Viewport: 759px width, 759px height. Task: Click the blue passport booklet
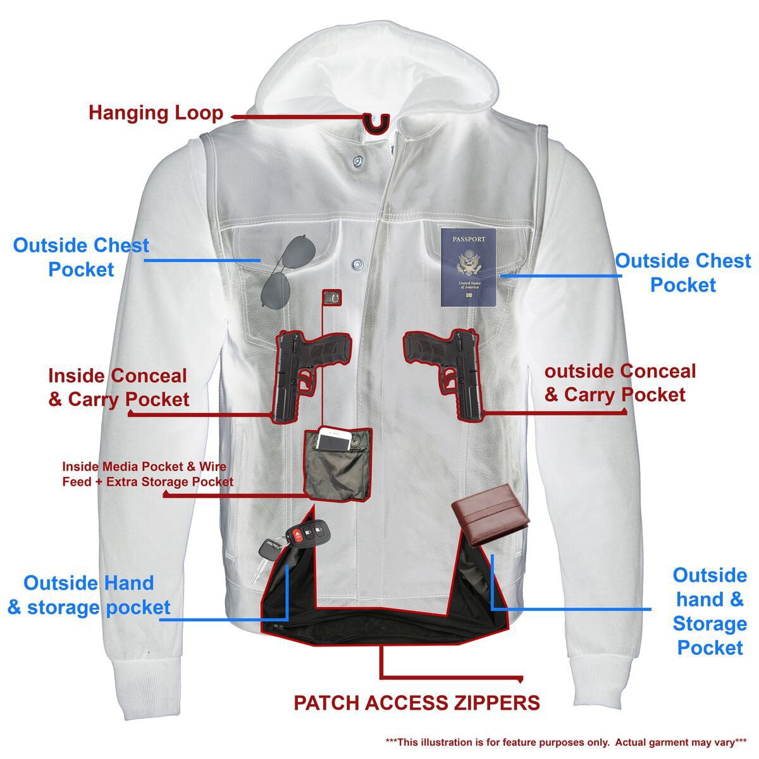pos(469,268)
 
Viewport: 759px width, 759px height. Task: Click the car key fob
pos(305,539)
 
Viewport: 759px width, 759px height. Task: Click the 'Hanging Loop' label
pos(156,113)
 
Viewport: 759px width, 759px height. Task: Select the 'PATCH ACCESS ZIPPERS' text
pos(417,702)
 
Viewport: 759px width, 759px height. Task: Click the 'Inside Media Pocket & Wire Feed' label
pos(147,474)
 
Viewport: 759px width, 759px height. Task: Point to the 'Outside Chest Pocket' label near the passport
pos(683,273)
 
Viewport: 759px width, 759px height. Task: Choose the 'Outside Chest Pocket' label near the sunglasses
pos(81,257)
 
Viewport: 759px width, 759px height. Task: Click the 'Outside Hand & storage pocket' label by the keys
pos(89,595)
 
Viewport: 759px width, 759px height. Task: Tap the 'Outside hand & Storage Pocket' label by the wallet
pos(709,611)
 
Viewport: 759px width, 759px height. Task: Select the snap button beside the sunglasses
pos(357,261)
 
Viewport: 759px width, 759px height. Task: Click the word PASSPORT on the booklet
pos(468,239)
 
